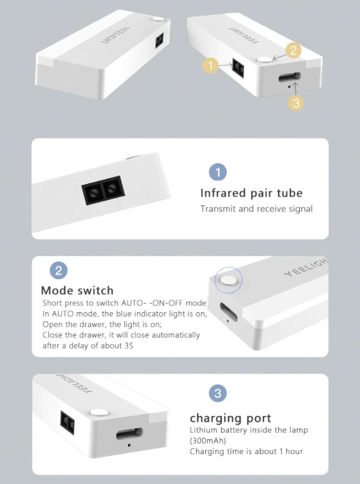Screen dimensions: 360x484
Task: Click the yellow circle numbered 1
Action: click(210, 66)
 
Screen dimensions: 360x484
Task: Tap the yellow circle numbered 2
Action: click(293, 51)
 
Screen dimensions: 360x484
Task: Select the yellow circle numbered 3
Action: click(296, 103)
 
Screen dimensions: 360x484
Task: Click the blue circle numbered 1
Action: click(218, 172)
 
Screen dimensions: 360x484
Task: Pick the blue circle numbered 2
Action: click(59, 271)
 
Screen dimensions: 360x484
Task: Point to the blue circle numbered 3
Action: click(218, 393)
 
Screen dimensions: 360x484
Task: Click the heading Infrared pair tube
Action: click(251, 193)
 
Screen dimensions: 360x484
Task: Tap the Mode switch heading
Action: click(77, 290)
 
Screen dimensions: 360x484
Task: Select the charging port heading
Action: click(231, 418)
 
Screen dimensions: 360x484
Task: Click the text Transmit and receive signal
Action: click(256, 209)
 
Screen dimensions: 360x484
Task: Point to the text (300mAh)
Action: click(208, 440)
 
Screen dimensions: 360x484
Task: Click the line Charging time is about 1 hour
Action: click(246, 451)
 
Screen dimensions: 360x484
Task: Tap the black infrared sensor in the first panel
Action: click(103, 190)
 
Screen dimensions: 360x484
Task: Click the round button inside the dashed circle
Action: click(228, 281)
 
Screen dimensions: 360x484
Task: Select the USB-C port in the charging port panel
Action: click(129, 433)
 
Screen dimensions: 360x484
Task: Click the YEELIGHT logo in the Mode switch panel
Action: click(305, 267)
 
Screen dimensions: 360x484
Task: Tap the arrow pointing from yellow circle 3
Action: click(296, 89)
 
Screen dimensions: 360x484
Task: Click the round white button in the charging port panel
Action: click(99, 413)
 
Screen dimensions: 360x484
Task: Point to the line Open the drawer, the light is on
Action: click(102, 324)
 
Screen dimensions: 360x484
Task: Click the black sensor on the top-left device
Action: click(159, 41)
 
